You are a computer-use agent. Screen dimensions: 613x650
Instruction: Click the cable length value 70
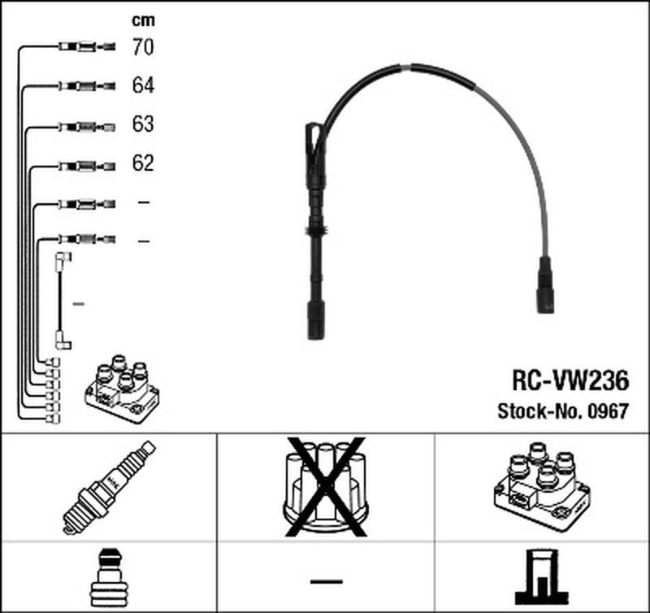point(142,47)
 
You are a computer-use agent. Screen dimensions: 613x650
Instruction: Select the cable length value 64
point(142,85)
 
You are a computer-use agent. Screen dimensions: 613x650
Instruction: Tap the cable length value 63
point(142,124)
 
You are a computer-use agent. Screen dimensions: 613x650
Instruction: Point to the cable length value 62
point(142,163)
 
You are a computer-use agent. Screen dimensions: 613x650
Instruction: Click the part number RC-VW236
point(569,380)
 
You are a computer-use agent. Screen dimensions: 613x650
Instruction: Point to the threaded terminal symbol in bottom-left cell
point(108,576)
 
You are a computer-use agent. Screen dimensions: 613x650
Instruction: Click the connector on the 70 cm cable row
point(86,47)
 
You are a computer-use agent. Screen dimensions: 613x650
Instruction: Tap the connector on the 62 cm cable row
point(86,164)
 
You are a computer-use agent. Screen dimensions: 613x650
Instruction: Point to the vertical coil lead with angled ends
point(61,301)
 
